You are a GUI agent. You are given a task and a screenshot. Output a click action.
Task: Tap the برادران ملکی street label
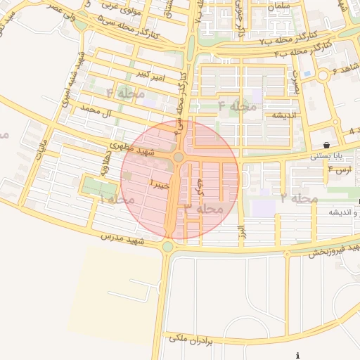pyautogui.click(x=190, y=340)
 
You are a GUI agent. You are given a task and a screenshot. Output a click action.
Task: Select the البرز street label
pyautogui.click(x=240, y=231)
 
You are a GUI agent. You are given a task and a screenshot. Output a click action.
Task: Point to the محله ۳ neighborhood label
pyautogui.click(x=204, y=208)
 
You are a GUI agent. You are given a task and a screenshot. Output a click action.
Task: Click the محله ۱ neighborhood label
pyautogui.click(x=116, y=200)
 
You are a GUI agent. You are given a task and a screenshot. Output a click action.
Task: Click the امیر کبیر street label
pyautogui.click(x=151, y=75)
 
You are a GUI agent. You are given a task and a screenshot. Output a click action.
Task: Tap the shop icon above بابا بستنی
pyautogui.click(x=327, y=144)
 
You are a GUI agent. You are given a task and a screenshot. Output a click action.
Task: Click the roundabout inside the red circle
pyautogui.click(x=179, y=157)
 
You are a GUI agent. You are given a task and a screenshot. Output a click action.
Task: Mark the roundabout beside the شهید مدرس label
pyautogui.click(x=167, y=246)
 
